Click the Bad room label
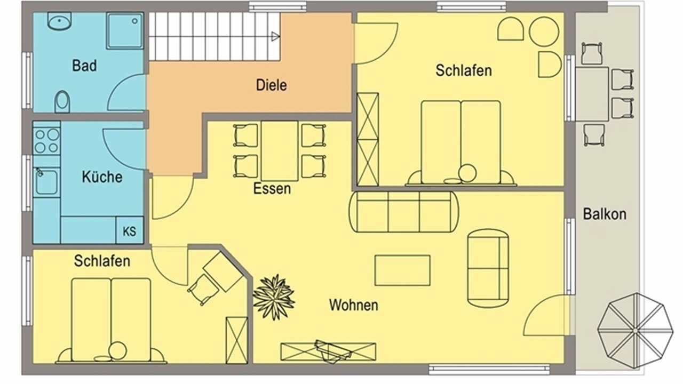84,66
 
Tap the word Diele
272,85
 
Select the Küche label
102,177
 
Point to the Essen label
272,189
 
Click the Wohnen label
354,305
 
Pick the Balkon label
605,214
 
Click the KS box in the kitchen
130,230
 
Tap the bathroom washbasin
59,21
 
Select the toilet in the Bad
62,101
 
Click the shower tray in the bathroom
125,30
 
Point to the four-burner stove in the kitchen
46,141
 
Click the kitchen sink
46,182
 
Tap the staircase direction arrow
275,37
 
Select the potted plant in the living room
274,297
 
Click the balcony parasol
635,331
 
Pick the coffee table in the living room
402,270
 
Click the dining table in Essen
280,151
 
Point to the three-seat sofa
404,212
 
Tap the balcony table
592,94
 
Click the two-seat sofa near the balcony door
488,268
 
